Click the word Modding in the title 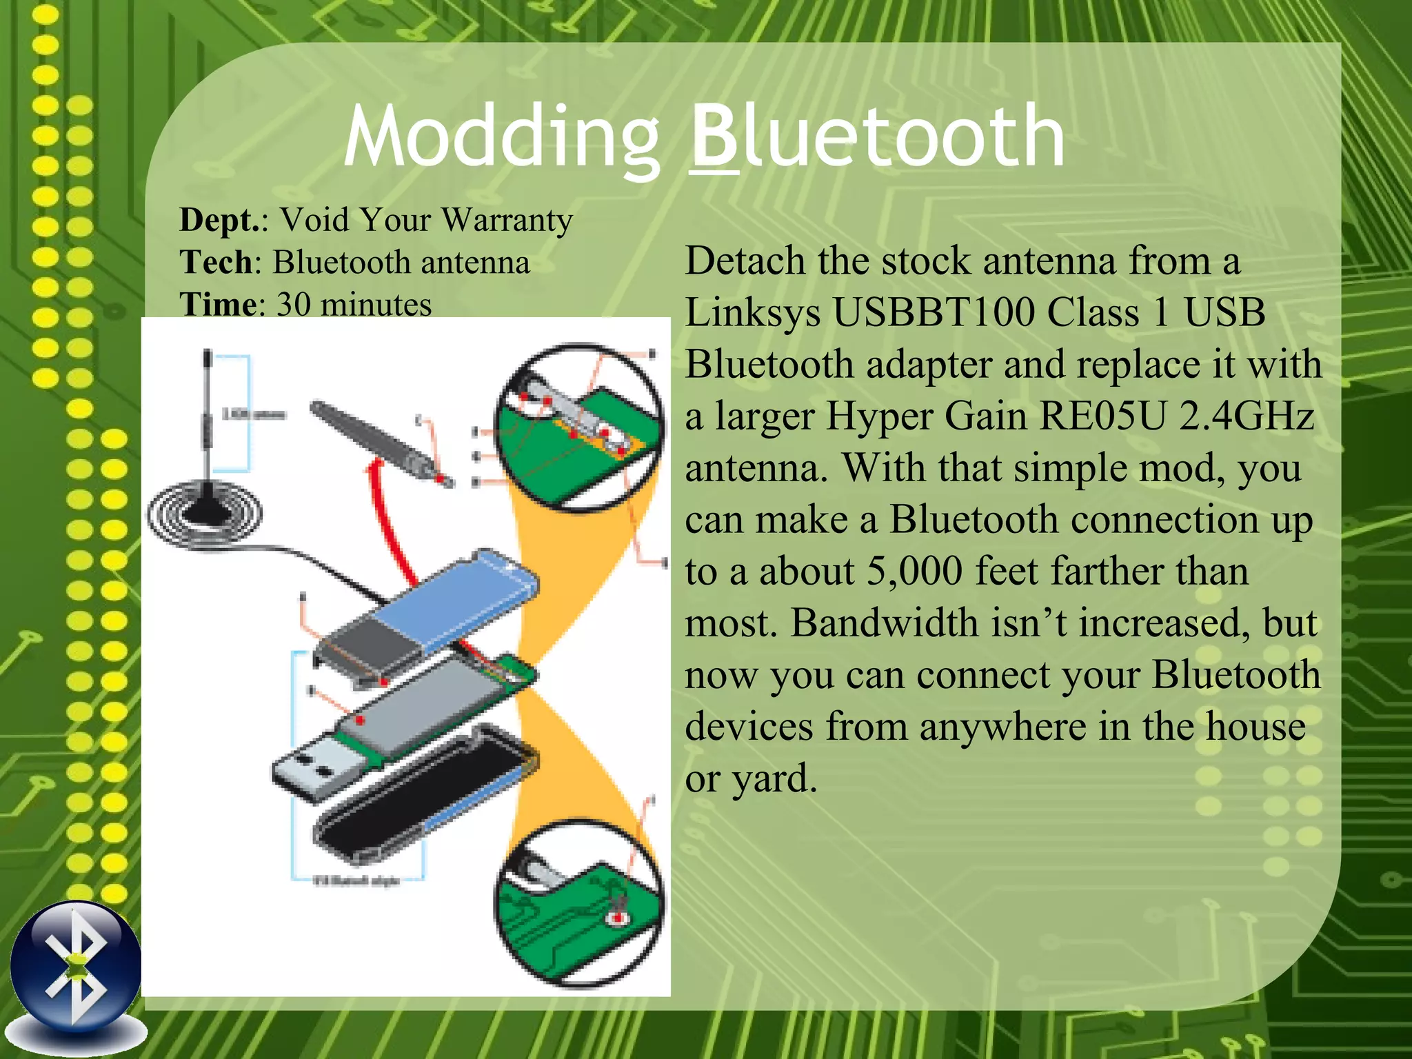(502, 138)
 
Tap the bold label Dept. (218, 221)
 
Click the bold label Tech (215, 263)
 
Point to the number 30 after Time (294, 305)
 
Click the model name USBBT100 (934, 312)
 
